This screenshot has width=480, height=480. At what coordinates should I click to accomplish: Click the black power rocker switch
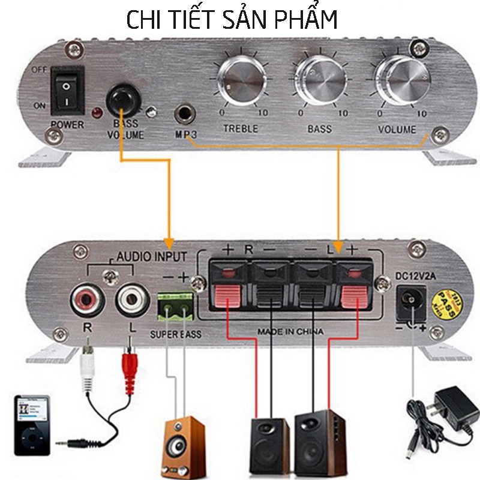click(67, 91)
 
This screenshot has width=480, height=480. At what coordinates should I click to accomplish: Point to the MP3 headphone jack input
click(184, 113)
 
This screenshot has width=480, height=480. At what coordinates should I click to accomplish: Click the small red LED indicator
click(96, 113)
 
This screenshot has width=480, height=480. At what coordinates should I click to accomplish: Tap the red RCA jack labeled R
click(85, 298)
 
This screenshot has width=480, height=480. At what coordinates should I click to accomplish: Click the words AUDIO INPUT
click(151, 256)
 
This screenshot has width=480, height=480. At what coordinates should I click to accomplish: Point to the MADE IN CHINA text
click(290, 332)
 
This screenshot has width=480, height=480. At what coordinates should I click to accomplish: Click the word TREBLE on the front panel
click(241, 128)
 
